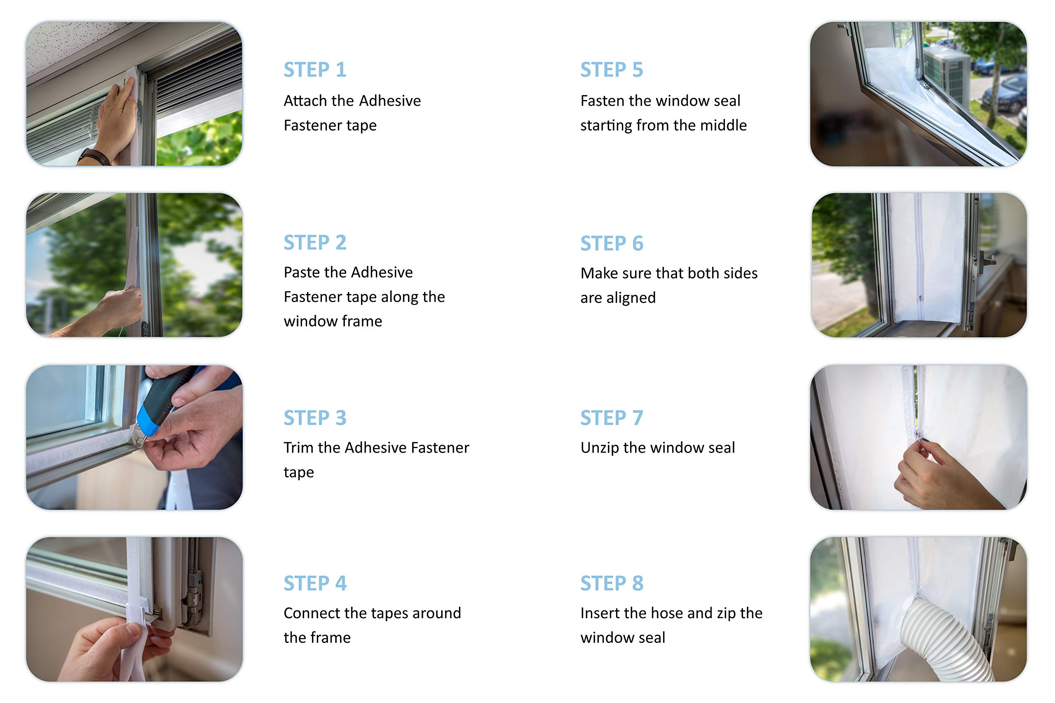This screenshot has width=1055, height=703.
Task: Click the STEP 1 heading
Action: (x=315, y=70)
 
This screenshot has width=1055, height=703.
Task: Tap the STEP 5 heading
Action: (x=612, y=70)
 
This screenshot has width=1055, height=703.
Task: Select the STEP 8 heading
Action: (x=612, y=584)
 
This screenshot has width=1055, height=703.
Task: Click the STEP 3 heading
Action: (x=315, y=418)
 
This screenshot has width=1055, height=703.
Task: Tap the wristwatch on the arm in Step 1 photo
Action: (x=95, y=156)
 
